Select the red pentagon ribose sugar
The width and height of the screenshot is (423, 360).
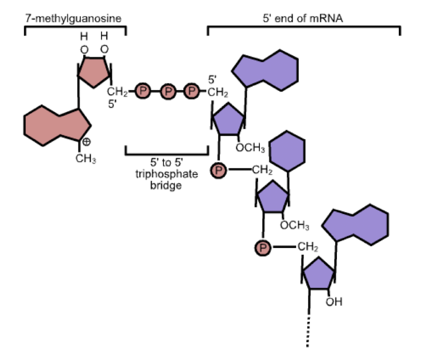click(94, 72)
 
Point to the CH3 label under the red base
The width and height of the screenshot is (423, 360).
click(86, 159)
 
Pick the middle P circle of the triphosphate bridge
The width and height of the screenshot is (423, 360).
click(167, 91)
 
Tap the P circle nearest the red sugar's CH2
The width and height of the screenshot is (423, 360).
click(142, 91)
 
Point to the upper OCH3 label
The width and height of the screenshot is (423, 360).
click(251, 148)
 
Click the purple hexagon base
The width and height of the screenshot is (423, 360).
click(287, 152)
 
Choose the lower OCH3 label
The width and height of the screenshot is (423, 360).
click(295, 225)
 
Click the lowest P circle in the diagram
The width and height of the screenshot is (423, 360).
click(263, 248)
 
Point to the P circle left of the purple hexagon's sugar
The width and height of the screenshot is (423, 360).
click(218, 170)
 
